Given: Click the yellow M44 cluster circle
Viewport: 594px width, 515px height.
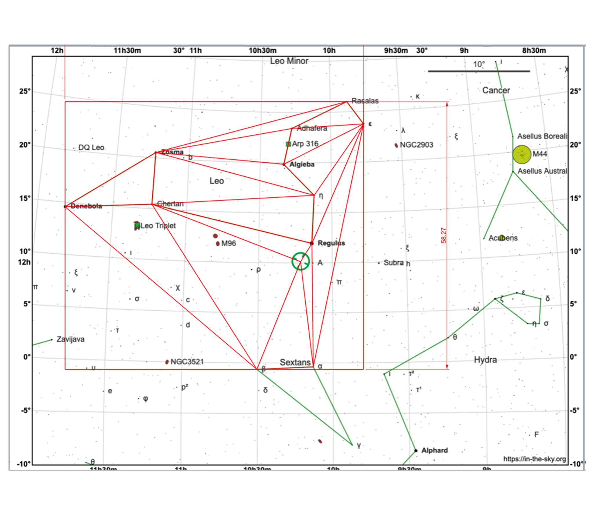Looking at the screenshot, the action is tap(522, 154).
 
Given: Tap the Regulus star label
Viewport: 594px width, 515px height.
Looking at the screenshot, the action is tap(331, 243).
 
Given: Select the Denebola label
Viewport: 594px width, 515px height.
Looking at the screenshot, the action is tap(86, 206).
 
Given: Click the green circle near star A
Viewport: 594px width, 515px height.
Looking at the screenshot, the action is tap(300, 261).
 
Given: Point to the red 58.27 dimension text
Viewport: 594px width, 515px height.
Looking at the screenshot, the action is tap(443, 235).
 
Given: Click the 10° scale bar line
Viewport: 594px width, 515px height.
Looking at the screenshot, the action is tap(479, 71).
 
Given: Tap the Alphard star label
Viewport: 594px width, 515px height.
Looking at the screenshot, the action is tap(434, 450).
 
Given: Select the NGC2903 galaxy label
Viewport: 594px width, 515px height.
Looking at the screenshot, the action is tap(416, 145).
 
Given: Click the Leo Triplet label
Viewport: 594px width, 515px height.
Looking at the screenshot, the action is tap(158, 226).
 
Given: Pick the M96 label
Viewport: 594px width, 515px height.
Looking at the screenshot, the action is tap(229, 243).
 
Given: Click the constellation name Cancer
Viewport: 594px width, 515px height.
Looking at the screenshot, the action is tap(496, 90).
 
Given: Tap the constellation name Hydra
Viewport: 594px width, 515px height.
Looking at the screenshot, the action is tap(485, 360).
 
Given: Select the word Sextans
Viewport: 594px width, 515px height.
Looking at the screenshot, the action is tap(295, 362).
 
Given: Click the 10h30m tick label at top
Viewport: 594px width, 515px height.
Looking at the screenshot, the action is tap(262, 51).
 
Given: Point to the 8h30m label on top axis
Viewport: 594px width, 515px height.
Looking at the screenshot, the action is tap(534, 51).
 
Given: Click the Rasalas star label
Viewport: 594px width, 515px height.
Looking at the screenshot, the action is tap(365, 101).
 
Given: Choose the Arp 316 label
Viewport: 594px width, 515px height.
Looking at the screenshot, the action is tap(305, 144).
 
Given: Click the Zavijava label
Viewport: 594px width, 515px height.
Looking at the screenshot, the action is tap(70, 339).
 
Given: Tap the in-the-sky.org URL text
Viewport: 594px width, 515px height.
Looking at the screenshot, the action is tap(534, 459).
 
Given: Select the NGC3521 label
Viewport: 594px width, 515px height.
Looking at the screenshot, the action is tap(187, 362).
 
